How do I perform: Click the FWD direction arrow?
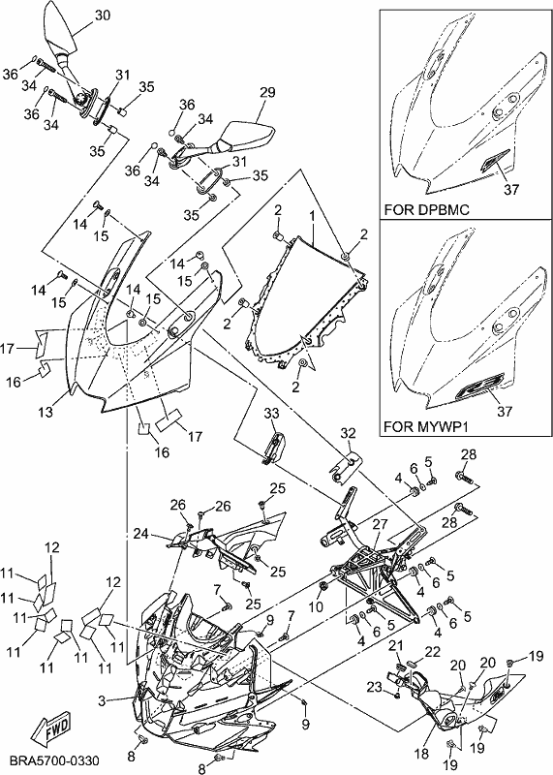point(51,728)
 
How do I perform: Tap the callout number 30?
point(103,15)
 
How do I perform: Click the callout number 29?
point(267,92)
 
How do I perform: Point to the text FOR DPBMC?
point(426,209)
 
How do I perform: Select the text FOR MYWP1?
point(426,426)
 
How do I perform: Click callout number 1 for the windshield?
point(312,216)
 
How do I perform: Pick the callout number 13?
point(46,411)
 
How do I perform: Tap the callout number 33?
point(271,414)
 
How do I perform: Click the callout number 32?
point(348,433)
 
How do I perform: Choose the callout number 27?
point(380,524)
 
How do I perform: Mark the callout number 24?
point(140,534)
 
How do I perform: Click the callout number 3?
point(102,700)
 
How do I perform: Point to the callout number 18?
point(421,754)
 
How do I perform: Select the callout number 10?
point(317,605)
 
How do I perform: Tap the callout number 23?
point(375,687)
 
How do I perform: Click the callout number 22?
point(432,652)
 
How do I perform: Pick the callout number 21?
point(396,645)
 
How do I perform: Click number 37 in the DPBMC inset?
point(511,189)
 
